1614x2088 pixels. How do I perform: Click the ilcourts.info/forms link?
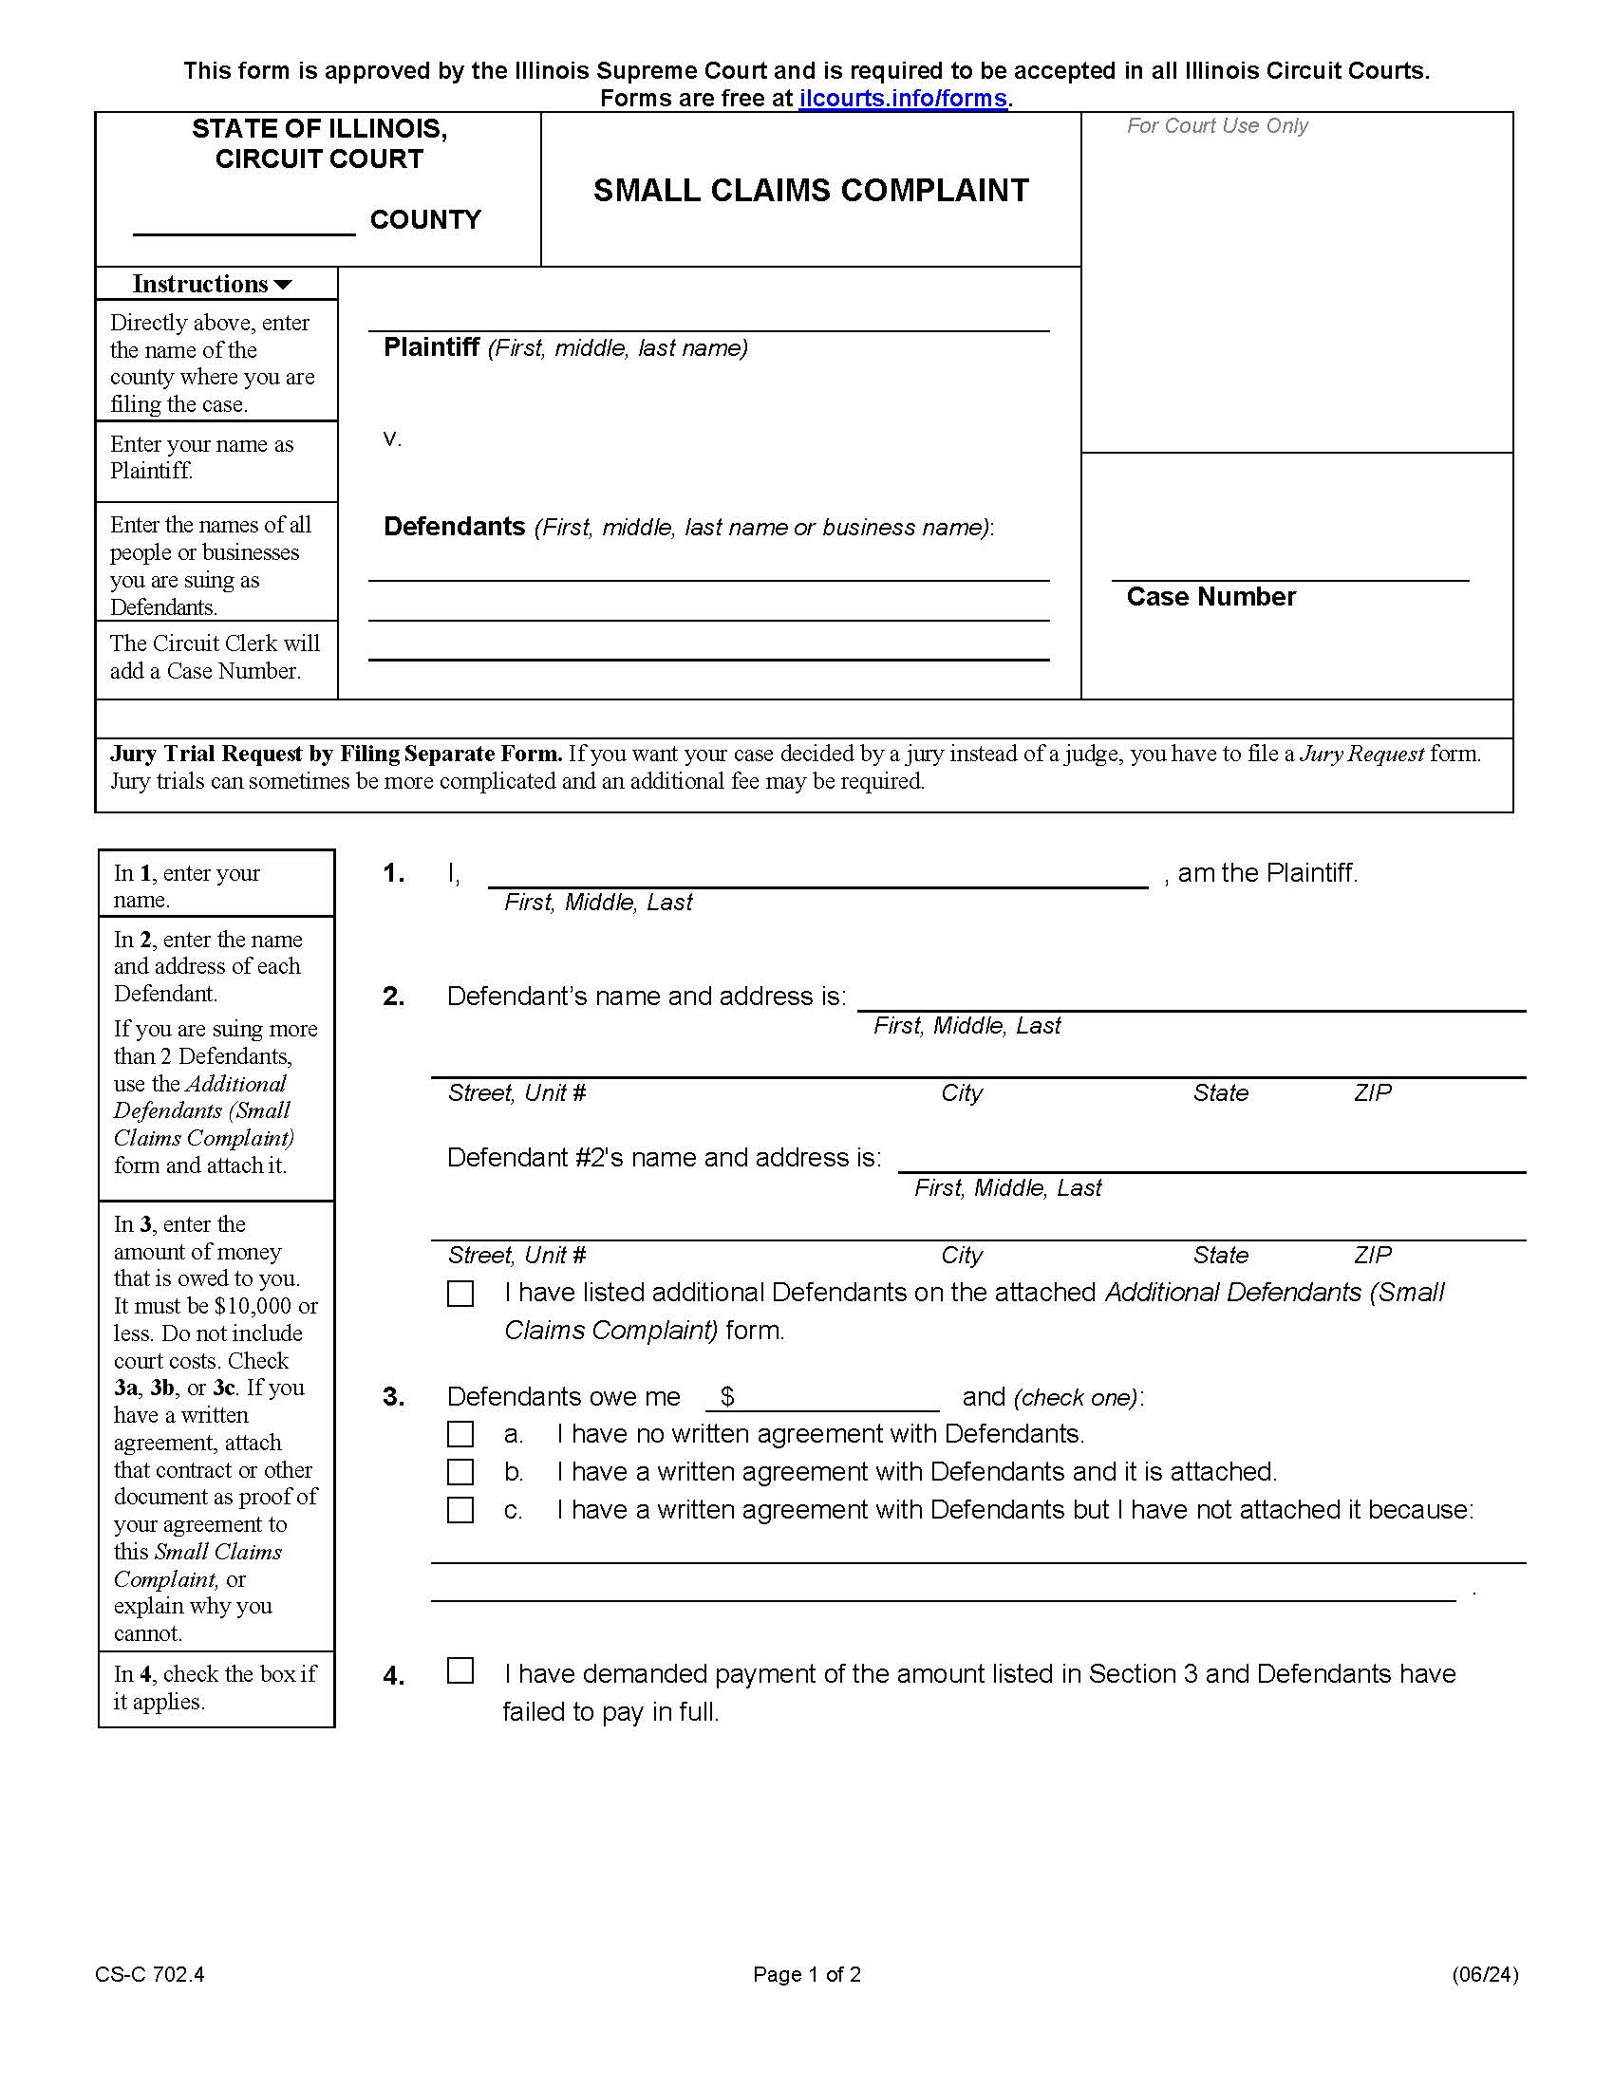tap(903, 99)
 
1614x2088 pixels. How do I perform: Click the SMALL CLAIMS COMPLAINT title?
tap(811, 190)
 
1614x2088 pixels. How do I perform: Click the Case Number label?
tap(1210, 597)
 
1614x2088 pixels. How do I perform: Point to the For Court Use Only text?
tap(1216, 126)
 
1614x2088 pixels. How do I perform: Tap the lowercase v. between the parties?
tap(392, 438)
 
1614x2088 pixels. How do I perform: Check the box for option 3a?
tap(460, 1434)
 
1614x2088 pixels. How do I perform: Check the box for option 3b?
tap(460, 1471)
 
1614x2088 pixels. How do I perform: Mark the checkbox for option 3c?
tap(460, 1510)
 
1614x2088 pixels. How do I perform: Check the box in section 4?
tap(460, 1670)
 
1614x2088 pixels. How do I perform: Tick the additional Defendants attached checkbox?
tap(460, 1294)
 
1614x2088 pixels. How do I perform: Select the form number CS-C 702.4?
tap(149, 1975)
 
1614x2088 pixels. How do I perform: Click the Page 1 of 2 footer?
tap(807, 1975)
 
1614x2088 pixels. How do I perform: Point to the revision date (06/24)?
tap(1484, 1975)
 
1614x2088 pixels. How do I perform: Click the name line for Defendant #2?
tap(1210, 1160)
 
